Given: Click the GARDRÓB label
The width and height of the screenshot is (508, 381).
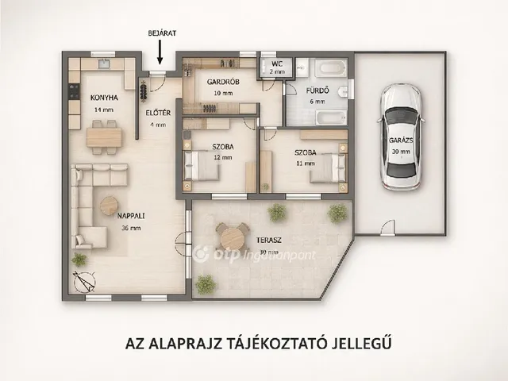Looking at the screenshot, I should (218, 82).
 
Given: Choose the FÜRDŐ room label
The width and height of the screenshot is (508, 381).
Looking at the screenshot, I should (317, 91).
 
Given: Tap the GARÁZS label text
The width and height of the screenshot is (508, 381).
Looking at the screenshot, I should (399, 140).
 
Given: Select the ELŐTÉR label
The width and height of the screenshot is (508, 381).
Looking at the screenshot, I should (156, 112).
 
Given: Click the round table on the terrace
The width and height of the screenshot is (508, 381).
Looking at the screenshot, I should (232, 235).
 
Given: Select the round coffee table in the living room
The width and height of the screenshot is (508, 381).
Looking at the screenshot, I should (109, 206).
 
